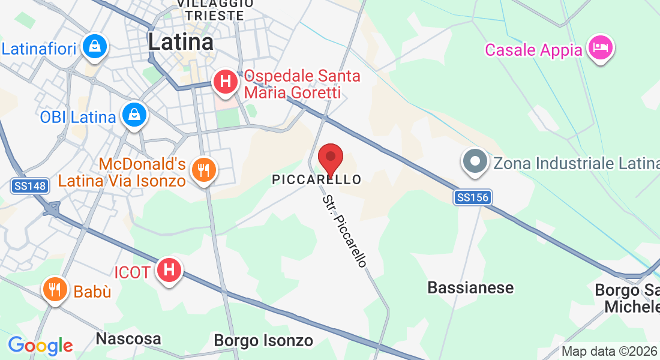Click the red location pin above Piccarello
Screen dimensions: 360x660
[x=330, y=159]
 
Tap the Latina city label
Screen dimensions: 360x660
[x=181, y=41]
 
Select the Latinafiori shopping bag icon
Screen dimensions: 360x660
[x=95, y=46]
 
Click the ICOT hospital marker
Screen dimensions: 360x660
[x=169, y=270]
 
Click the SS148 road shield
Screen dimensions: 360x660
[x=29, y=187]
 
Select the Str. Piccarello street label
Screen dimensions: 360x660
[x=344, y=231]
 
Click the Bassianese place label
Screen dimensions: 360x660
[x=470, y=287]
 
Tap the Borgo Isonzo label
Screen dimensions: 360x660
[x=263, y=341]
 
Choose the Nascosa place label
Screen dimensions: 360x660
[x=128, y=339]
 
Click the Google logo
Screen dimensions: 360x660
[x=40, y=346]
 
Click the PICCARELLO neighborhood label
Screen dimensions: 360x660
[x=317, y=179]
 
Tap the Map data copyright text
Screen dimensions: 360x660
[x=608, y=351]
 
